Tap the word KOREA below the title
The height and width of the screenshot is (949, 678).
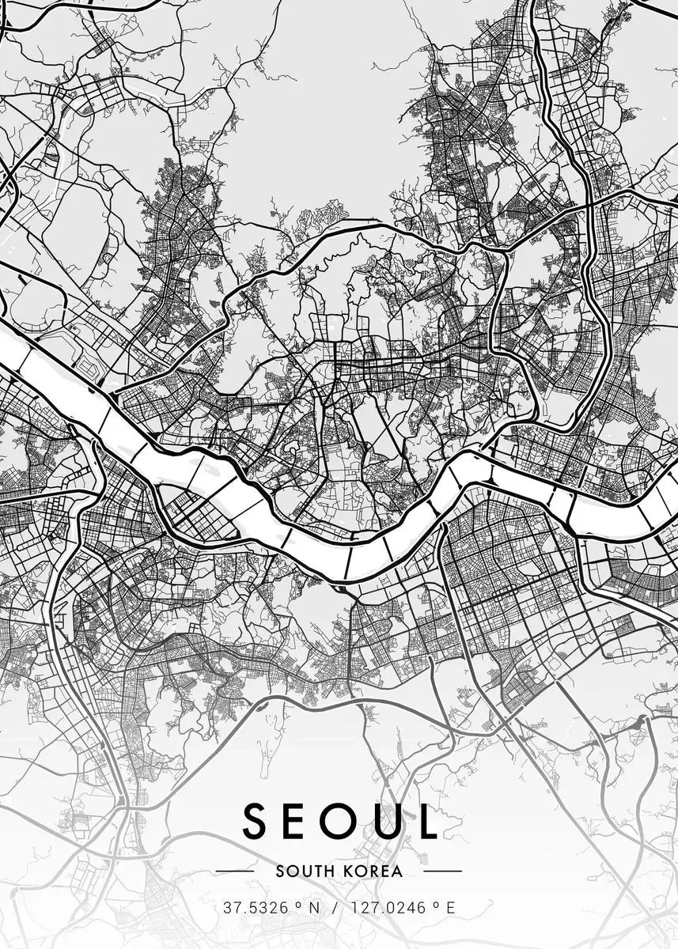[x=373, y=871]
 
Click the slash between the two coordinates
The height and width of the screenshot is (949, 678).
[x=335, y=907]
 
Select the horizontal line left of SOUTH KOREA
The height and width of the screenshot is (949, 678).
[x=234, y=871]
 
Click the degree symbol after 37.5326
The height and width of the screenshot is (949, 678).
[x=295, y=903]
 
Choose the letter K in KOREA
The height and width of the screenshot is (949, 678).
[x=348, y=871]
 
